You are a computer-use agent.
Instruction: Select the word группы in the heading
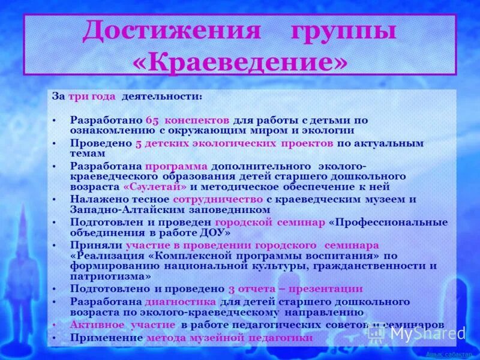pyautogui.click(x=344, y=31)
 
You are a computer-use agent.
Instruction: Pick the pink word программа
pyautogui.click(x=176, y=166)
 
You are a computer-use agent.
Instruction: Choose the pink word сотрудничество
pyautogui.click(x=217, y=199)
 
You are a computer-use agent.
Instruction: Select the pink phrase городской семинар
pyautogui.click(x=270, y=222)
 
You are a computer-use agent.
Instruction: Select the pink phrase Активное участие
pyautogui.click(x=122, y=325)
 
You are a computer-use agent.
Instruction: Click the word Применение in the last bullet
pyautogui.click(x=106, y=338)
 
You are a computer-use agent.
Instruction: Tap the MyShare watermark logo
pyautogui.click(x=427, y=334)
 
